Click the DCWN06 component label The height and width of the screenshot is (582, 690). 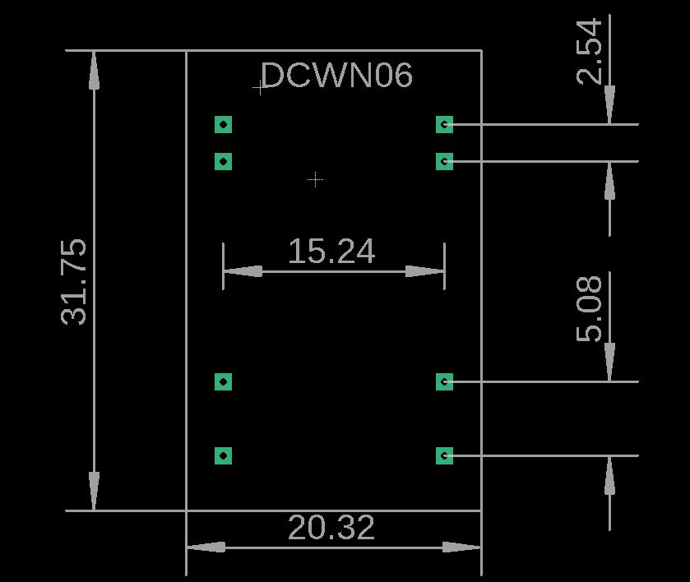[x=337, y=75]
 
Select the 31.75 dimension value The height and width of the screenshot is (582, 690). [x=74, y=282]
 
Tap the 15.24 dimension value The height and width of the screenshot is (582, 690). [x=331, y=252]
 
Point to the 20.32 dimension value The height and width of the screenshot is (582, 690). [x=331, y=528]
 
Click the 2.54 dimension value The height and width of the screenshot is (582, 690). [x=589, y=51]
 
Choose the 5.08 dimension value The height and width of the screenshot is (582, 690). [x=589, y=309]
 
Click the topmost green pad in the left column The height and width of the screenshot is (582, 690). [x=223, y=124]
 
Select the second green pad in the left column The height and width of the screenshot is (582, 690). [x=223, y=161]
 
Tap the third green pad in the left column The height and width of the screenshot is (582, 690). [x=223, y=382]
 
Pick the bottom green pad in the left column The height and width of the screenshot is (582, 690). [x=223, y=455]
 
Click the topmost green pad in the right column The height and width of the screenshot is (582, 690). [x=444, y=124]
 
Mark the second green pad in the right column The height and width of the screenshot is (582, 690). [x=444, y=161]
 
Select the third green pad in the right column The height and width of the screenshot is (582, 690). [x=444, y=382]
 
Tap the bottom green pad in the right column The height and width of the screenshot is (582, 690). [x=444, y=455]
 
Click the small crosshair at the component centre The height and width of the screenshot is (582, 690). [x=316, y=179]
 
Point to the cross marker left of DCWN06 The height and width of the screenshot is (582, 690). [x=260, y=88]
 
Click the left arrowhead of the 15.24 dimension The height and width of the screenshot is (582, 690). [x=243, y=271]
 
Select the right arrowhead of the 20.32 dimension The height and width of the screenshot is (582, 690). [x=461, y=547]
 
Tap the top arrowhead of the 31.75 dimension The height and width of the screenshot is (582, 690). [x=94, y=71]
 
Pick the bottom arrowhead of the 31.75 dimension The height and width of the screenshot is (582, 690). [x=94, y=492]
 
